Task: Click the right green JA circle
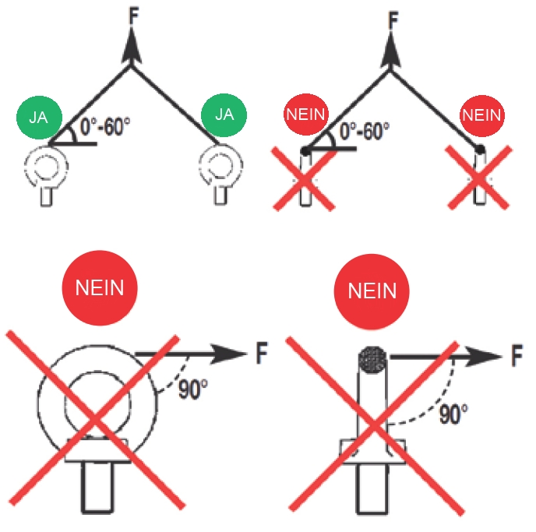(x=224, y=115)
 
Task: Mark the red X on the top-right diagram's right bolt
(x=480, y=178)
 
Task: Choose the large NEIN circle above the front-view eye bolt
(x=99, y=289)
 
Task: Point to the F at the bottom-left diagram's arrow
(x=263, y=356)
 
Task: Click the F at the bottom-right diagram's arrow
(x=517, y=358)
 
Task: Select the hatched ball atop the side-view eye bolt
(x=372, y=359)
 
